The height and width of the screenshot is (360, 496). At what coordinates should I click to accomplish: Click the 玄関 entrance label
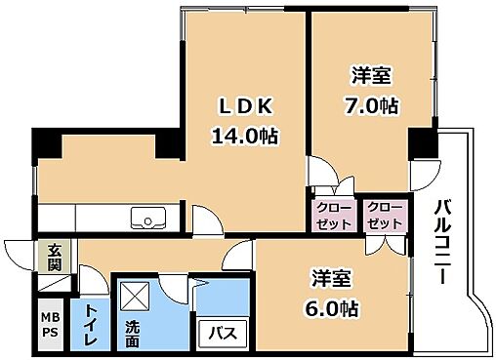pos(51,256)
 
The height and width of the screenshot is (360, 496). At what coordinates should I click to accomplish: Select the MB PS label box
pos(50,323)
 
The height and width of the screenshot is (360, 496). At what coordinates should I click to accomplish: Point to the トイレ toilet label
pos(91,322)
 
